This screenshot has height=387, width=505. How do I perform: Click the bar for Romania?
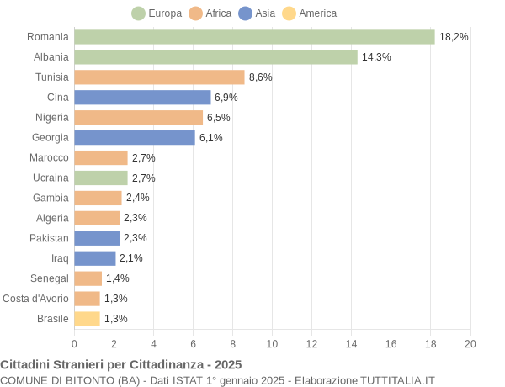click(x=254, y=37)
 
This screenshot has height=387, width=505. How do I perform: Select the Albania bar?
click(x=215, y=57)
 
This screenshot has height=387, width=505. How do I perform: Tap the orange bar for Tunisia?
click(x=159, y=77)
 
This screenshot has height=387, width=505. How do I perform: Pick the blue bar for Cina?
click(x=142, y=98)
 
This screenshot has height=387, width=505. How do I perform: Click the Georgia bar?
click(x=135, y=137)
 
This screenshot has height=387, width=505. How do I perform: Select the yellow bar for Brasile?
click(x=87, y=318)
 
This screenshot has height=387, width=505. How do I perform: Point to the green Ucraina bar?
click(x=101, y=178)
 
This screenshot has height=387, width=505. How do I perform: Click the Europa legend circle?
click(x=138, y=13)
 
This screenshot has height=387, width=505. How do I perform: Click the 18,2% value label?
click(x=454, y=37)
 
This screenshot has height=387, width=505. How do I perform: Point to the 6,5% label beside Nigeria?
click(x=218, y=118)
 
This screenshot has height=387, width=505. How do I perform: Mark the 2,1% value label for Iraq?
click(x=131, y=258)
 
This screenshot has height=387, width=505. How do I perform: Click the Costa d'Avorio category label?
click(x=35, y=298)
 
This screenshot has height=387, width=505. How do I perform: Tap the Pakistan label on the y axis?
click(x=49, y=238)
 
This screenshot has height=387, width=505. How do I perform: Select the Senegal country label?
click(x=50, y=278)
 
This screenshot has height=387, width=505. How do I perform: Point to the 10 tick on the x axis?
click(x=272, y=343)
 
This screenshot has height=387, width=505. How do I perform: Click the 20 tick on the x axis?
click(x=470, y=343)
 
